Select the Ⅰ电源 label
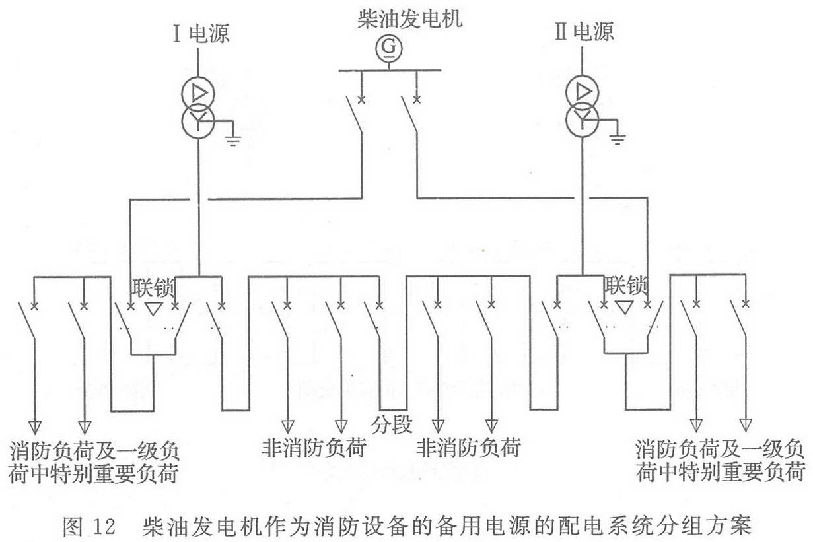[200, 33]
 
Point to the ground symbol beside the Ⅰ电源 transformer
[233, 139]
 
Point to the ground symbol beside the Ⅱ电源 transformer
[618, 139]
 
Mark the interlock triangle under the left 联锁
[153, 308]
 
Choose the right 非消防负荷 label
[468, 448]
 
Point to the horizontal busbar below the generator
[390, 69]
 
